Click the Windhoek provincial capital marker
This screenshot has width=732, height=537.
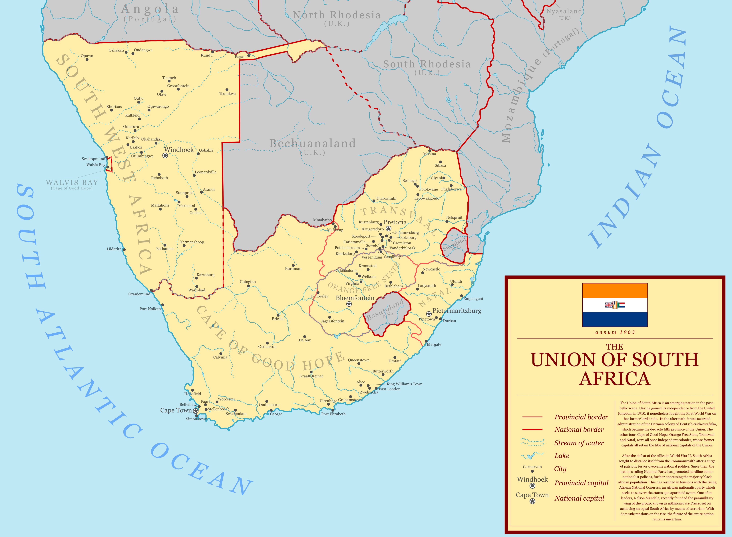click(165, 155)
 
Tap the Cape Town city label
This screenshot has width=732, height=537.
click(176, 410)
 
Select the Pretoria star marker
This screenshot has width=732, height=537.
click(388, 229)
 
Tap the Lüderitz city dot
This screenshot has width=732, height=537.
click(124, 250)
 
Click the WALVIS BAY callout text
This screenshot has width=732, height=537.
click(72, 183)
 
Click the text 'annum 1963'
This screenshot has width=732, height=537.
click(615, 332)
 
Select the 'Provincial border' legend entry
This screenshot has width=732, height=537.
click(581, 417)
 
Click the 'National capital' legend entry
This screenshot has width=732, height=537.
click(579, 498)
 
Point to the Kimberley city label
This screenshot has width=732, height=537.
click(319, 296)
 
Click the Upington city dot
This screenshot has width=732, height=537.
click(248, 286)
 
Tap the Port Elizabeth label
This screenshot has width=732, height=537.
click(333, 414)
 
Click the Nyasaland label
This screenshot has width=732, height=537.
click(564, 11)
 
